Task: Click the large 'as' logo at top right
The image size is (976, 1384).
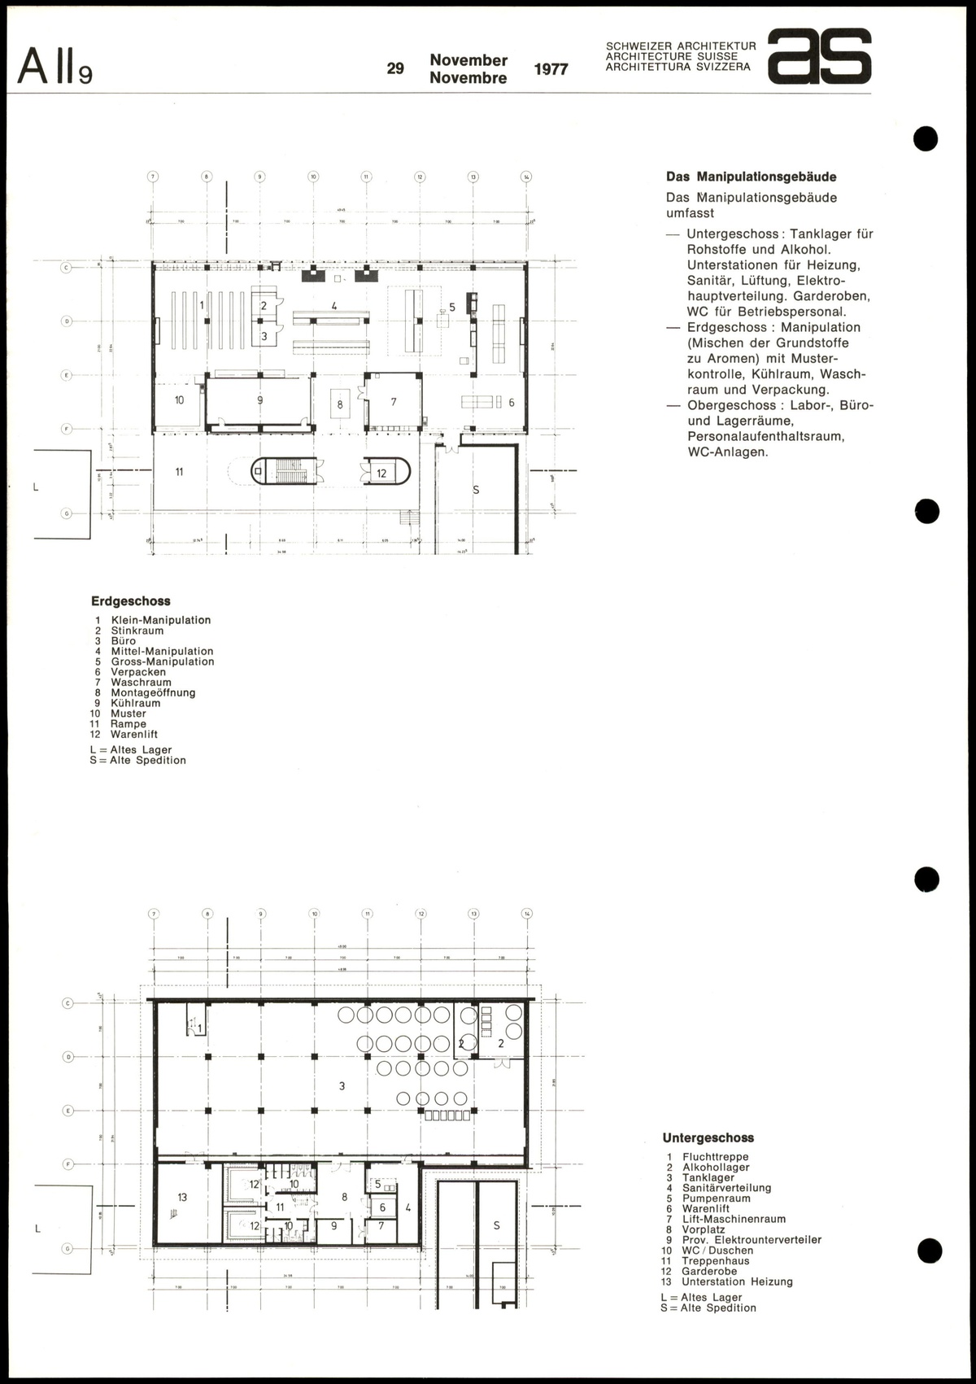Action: point(820,57)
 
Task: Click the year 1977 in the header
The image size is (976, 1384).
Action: point(551,69)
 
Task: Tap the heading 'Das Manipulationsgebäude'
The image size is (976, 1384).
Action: point(751,177)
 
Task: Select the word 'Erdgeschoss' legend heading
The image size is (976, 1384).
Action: point(130,601)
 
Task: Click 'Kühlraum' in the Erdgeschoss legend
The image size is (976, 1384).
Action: point(136,703)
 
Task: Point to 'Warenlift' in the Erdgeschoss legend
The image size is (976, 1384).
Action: point(134,734)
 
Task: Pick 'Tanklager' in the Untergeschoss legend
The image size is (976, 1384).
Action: point(708,1177)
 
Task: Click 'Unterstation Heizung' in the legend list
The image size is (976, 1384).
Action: point(737,1281)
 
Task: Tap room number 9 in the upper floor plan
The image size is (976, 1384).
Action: point(259,400)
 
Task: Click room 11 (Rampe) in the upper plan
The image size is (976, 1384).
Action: point(179,471)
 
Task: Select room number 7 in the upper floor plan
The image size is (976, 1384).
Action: point(394,402)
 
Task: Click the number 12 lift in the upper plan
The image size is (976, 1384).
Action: point(381,473)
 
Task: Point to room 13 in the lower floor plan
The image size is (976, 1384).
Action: point(182,1197)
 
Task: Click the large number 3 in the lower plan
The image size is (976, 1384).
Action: point(342,1085)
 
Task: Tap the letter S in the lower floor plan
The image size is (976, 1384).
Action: point(496,1225)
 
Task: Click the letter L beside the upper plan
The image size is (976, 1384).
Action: point(36,487)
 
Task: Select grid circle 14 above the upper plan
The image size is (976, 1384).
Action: point(526,177)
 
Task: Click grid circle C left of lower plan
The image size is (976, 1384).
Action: point(68,1003)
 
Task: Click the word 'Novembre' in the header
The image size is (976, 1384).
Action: point(468,78)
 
